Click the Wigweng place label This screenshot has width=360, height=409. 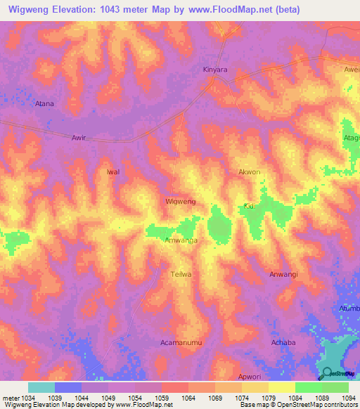[179, 201]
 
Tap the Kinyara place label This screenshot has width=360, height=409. [215, 70]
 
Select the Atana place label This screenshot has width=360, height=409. [44, 103]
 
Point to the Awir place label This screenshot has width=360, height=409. [79, 138]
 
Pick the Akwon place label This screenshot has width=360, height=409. [249, 171]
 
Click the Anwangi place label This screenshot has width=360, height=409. [285, 274]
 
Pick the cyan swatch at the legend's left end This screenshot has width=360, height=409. [41, 387]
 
